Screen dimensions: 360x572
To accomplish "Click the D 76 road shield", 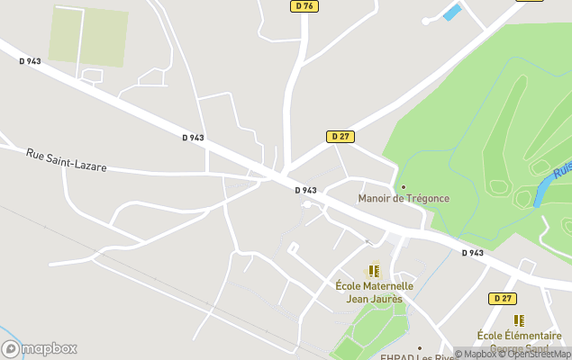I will pos(304,6).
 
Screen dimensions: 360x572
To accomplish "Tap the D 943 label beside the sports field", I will pos(30,61).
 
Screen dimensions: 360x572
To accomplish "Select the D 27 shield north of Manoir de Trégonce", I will pos(340,137).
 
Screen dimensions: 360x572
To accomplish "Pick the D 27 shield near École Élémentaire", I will pos(504,298).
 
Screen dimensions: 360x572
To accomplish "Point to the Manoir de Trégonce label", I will pos(404,198).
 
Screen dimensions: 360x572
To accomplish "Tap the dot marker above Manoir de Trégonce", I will pos(404,186).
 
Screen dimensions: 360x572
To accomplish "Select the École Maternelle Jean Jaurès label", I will pos(374,292).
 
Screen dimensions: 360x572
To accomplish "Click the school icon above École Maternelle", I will pos(374,270).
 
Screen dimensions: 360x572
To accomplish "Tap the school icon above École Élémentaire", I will pos(519,320).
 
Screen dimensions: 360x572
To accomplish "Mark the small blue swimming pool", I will pos(452,12).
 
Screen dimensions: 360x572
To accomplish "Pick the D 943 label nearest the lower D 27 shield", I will pos(472,253).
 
